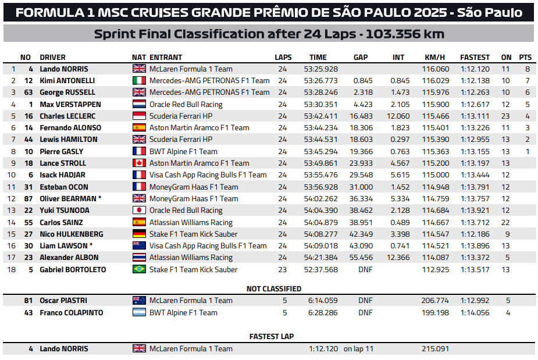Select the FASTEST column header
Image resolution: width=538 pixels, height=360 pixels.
click(475, 57)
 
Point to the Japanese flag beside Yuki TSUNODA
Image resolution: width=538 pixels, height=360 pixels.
click(140, 210)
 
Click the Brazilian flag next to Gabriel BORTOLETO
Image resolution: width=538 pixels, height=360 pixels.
click(140, 269)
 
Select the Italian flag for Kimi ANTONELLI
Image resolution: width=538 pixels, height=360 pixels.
click(140, 80)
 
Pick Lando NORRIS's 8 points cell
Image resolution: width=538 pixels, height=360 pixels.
click(527, 69)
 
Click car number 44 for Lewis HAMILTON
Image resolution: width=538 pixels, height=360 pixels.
click(28, 139)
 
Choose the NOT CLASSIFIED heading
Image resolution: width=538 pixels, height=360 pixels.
click(274, 288)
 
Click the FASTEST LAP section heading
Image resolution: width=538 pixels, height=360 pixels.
click(272, 336)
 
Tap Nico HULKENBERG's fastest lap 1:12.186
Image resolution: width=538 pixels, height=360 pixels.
click(475, 234)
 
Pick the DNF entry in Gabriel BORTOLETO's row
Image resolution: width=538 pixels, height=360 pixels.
click(365, 269)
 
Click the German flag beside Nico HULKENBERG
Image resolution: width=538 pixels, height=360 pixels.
click(140, 234)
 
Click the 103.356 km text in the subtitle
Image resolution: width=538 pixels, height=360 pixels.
click(401, 34)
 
